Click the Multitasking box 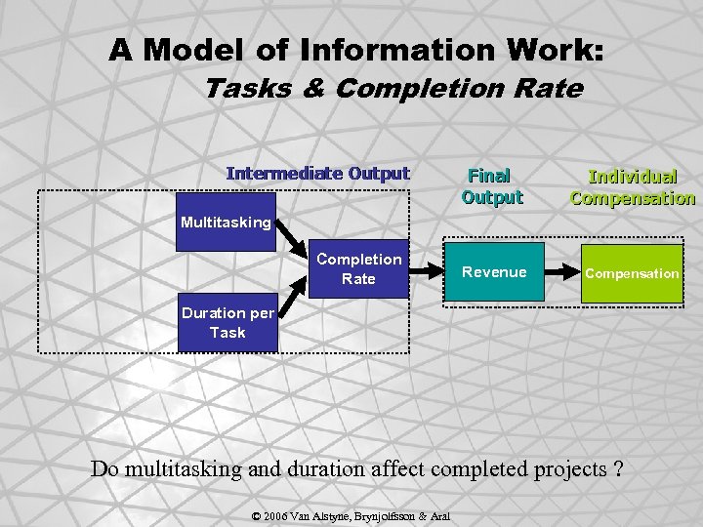(x=226, y=223)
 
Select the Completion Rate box (x=358, y=268)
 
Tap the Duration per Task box (x=227, y=323)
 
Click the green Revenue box (x=494, y=272)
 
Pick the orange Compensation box (x=631, y=273)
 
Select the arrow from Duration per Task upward (x=291, y=304)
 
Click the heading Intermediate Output (x=317, y=174)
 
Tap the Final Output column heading (x=492, y=186)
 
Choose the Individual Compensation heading (x=632, y=187)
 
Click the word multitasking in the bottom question (x=185, y=469)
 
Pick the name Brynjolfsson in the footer (x=387, y=514)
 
